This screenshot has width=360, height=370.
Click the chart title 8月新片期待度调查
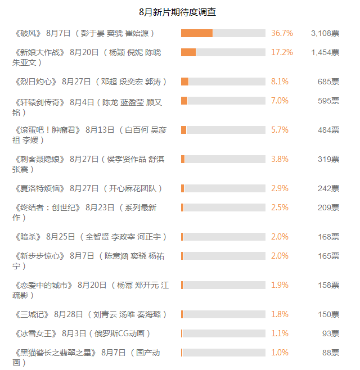178,12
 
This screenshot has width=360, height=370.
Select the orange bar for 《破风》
197,33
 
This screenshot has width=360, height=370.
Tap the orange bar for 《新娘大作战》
188,52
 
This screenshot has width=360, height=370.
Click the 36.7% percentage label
282,33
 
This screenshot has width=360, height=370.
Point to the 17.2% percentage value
282,52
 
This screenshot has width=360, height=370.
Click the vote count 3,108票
325,33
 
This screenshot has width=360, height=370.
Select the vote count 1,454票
325,52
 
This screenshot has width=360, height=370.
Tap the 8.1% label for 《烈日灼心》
280,82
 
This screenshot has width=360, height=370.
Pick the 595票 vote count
328,101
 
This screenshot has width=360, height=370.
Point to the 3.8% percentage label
280,159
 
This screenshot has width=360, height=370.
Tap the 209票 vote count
328,207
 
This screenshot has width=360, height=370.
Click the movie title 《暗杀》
28,237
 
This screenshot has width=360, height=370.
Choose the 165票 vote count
328,256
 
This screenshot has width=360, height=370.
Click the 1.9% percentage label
280,285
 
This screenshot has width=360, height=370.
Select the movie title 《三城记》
31,314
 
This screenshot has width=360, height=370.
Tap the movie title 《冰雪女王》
35,333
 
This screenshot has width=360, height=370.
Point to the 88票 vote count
330,353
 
